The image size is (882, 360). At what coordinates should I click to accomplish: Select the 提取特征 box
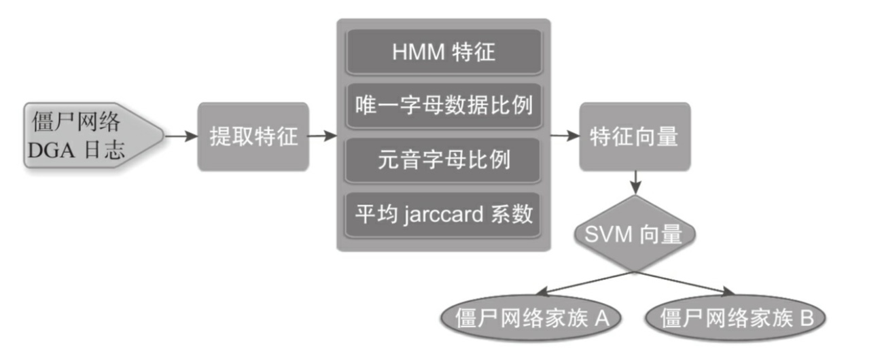(253, 137)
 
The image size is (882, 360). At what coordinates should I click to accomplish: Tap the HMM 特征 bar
(444, 52)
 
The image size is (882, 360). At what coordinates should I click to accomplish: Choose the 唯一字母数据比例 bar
(444, 106)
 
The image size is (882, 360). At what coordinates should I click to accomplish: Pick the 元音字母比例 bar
(444, 160)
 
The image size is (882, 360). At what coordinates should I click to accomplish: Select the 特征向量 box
(635, 137)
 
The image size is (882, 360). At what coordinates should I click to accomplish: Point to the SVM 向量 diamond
(635, 234)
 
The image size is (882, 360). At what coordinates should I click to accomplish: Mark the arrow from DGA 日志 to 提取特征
(179, 137)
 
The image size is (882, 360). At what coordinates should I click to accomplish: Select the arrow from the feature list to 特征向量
(564, 137)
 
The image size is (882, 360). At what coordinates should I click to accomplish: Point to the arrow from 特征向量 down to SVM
(635, 182)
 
